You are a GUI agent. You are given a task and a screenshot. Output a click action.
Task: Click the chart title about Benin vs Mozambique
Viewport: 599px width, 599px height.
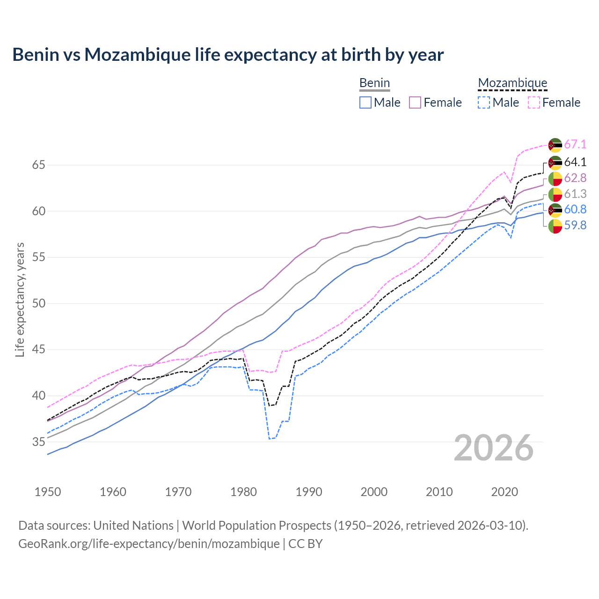tap(228, 55)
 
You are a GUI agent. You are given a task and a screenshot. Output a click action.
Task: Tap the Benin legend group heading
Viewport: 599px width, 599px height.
tap(374, 83)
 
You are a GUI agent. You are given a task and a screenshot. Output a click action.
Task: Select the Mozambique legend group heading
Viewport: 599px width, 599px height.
tap(512, 83)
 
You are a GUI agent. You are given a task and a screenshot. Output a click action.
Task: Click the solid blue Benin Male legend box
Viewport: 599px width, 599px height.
tap(365, 102)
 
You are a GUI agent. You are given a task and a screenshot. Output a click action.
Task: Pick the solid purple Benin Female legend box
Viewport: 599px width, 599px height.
tap(415, 102)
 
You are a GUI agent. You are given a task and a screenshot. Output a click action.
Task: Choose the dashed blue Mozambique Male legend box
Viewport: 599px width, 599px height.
tap(484, 102)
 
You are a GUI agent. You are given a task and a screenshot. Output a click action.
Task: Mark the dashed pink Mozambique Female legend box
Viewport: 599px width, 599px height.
tap(534, 102)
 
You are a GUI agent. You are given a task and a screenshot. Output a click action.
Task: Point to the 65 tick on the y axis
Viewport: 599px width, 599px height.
tap(38, 165)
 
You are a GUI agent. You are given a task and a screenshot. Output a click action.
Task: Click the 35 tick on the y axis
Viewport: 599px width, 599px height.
tap(38, 442)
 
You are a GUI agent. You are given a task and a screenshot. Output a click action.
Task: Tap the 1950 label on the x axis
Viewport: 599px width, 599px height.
tap(48, 492)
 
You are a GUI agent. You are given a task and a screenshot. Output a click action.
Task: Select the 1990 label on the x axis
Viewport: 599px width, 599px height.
tap(309, 492)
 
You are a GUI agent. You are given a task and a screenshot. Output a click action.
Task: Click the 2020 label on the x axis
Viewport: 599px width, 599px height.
tap(504, 492)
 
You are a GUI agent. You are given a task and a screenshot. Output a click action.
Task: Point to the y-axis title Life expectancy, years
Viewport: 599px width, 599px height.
tap(20, 299)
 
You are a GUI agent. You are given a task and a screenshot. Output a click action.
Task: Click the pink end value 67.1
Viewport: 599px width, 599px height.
tap(575, 145)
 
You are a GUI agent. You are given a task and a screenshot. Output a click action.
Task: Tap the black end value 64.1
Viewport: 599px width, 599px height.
tap(575, 162)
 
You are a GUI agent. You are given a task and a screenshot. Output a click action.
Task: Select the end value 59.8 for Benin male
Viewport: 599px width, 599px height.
tap(575, 226)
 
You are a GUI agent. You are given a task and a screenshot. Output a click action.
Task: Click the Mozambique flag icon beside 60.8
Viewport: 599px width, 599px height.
tap(555, 210)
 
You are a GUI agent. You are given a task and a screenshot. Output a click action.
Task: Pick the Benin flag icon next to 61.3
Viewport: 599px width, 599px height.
tap(555, 194)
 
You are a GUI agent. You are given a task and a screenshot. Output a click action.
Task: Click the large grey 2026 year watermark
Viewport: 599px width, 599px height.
tap(494, 448)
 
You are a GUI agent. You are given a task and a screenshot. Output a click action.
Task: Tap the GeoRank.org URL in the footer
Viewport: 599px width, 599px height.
tap(149, 544)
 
